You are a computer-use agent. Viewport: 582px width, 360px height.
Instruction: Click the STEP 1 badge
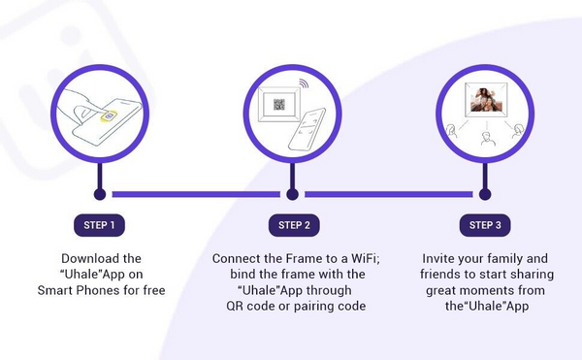pos(99,225)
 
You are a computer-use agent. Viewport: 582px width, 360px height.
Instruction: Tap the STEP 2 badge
pos(294,225)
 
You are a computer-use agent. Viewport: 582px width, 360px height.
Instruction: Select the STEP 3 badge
pos(485,225)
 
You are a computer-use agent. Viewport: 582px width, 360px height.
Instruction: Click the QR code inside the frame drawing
pos(279,105)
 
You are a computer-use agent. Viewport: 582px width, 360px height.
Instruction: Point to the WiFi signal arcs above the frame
pos(305,83)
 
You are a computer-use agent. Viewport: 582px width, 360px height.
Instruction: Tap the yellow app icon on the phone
pos(109,116)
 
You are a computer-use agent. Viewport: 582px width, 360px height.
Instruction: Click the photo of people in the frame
pos(486,99)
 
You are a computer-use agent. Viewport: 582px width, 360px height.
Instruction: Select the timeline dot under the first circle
pos(100,194)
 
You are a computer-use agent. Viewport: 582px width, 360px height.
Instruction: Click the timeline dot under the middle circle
pos(293,194)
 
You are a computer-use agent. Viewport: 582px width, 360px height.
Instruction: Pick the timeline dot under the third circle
pos(485,194)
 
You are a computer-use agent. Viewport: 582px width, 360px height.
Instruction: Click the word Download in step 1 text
pos(86,258)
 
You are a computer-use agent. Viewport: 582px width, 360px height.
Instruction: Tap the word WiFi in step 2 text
pos(366,258)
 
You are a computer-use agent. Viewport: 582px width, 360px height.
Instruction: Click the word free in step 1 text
pos(154,290)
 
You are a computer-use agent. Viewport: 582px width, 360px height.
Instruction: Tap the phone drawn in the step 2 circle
pos(307,129)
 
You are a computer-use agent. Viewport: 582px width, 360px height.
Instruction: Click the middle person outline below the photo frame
pos(486,139)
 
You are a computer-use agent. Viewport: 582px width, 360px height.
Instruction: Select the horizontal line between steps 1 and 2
pos(196,194)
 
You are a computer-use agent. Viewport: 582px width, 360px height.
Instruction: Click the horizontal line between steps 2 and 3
pos(389,194)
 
